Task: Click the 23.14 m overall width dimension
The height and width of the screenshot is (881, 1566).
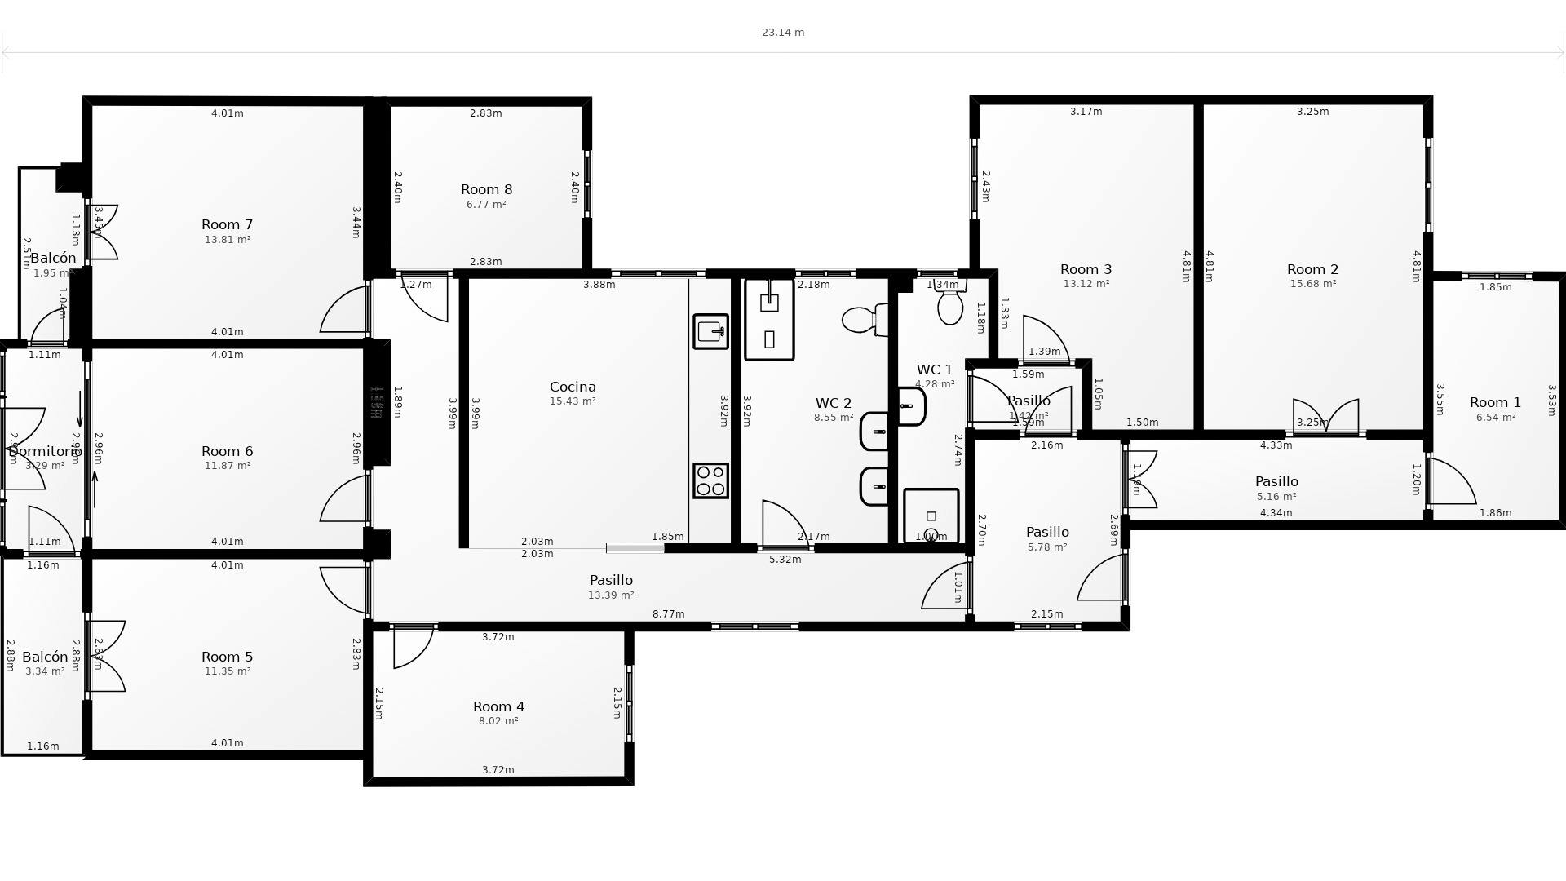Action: pos(782,33)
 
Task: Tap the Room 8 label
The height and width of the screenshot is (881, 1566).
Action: pos(486,190)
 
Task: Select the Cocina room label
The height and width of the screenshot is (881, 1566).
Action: pos(573,387)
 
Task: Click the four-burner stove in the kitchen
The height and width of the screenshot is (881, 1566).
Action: pos(710,480)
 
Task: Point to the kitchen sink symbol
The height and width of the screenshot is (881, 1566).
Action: pos(710,331)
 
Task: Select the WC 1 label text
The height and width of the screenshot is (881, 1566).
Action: pos(934,370)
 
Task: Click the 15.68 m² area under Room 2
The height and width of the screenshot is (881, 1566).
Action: pos(1312,284)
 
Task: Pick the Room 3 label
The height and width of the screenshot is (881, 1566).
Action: pos(1086,270)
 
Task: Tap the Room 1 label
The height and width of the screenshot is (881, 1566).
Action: pos(1495,403)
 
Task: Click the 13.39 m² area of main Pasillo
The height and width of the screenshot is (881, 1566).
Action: pos(611,595)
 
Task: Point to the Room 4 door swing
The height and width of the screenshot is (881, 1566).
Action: pos(412,647)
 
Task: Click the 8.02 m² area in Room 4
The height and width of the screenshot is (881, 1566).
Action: pos(498,721)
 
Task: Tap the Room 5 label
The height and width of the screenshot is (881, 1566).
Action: pos(227,657)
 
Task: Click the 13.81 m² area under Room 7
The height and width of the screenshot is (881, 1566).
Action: pos(227,240)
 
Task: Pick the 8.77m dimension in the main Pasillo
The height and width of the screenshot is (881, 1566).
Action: pos(668,614)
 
